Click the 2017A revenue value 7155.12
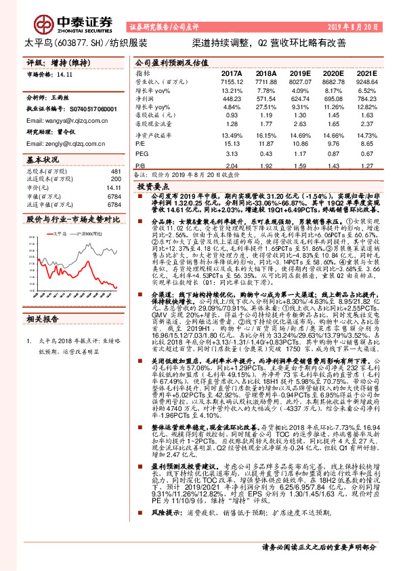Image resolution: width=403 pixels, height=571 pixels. pos(232,81)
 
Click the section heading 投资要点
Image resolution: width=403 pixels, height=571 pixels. pos(154,184)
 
